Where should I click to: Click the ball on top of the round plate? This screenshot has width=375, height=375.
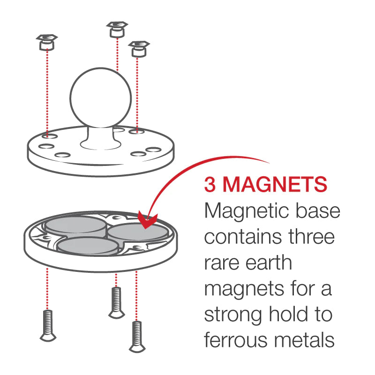[x=101, y=97]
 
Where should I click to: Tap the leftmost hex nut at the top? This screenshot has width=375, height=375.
[x=47, y=42]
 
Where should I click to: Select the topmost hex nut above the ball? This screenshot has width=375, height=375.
[x=117, y=30]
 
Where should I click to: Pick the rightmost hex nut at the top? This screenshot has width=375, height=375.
[x=139, y=49]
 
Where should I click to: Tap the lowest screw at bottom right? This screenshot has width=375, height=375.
[x=137, y=337]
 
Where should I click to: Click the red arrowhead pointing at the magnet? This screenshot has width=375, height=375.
[x=148, y=220]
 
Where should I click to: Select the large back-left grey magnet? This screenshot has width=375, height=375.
[x=75, y=226]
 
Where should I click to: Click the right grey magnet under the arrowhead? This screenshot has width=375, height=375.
[x=138, y=232]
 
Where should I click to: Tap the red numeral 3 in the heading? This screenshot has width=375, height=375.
[x=210, y=184]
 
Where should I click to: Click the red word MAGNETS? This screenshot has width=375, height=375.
[x=275, y=184]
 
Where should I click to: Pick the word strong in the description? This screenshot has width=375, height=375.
[x=233, y=315]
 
